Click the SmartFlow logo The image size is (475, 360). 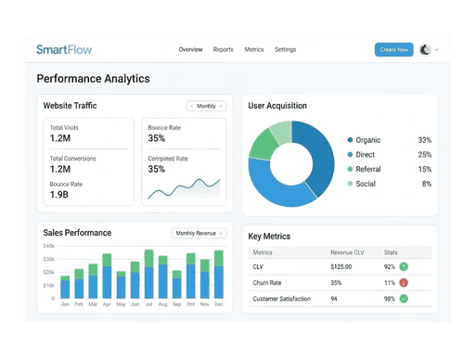[x=70, y=49]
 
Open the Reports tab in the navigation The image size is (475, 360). [x=223, y=49]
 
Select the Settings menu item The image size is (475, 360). [x=286, y=49]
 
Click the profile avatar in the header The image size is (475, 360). [x=426, y=50]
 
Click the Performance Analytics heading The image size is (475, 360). [x=93, y=79]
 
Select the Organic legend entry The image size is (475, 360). [x=368, y=140]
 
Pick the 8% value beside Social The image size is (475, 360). [x=426, y=184]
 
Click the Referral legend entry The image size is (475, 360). [x=368, y=169]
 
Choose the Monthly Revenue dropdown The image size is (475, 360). [x=199, y=233]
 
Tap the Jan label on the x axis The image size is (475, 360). [x=65, y=304]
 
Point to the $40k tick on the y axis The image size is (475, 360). [x=49, y=246]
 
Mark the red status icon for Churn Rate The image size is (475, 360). [x=404, y=282]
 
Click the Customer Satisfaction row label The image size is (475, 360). [x=282, y=298]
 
